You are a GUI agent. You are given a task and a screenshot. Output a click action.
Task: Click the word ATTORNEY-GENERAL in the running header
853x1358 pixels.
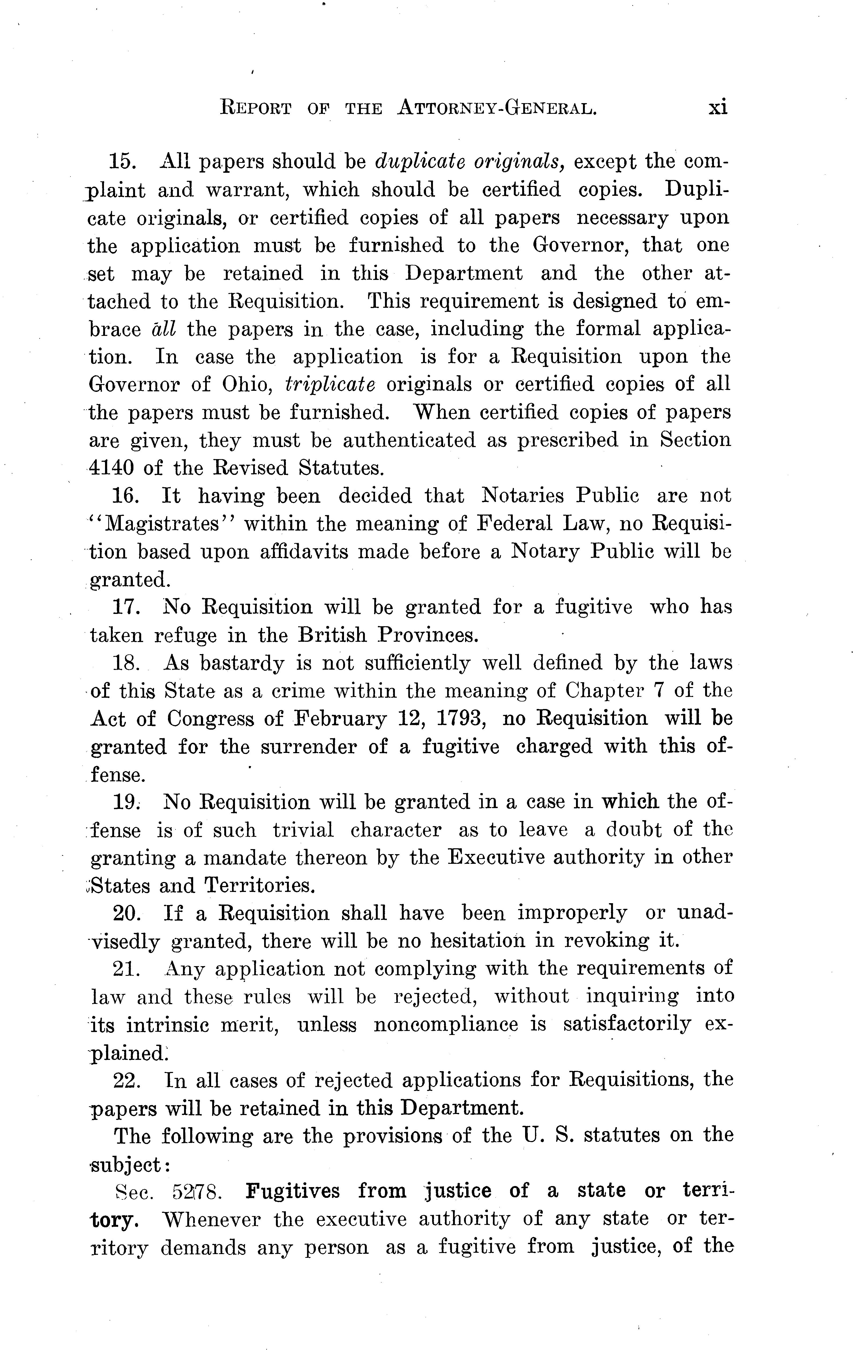496,107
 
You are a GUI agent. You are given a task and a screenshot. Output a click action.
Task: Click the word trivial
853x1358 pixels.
304,830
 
